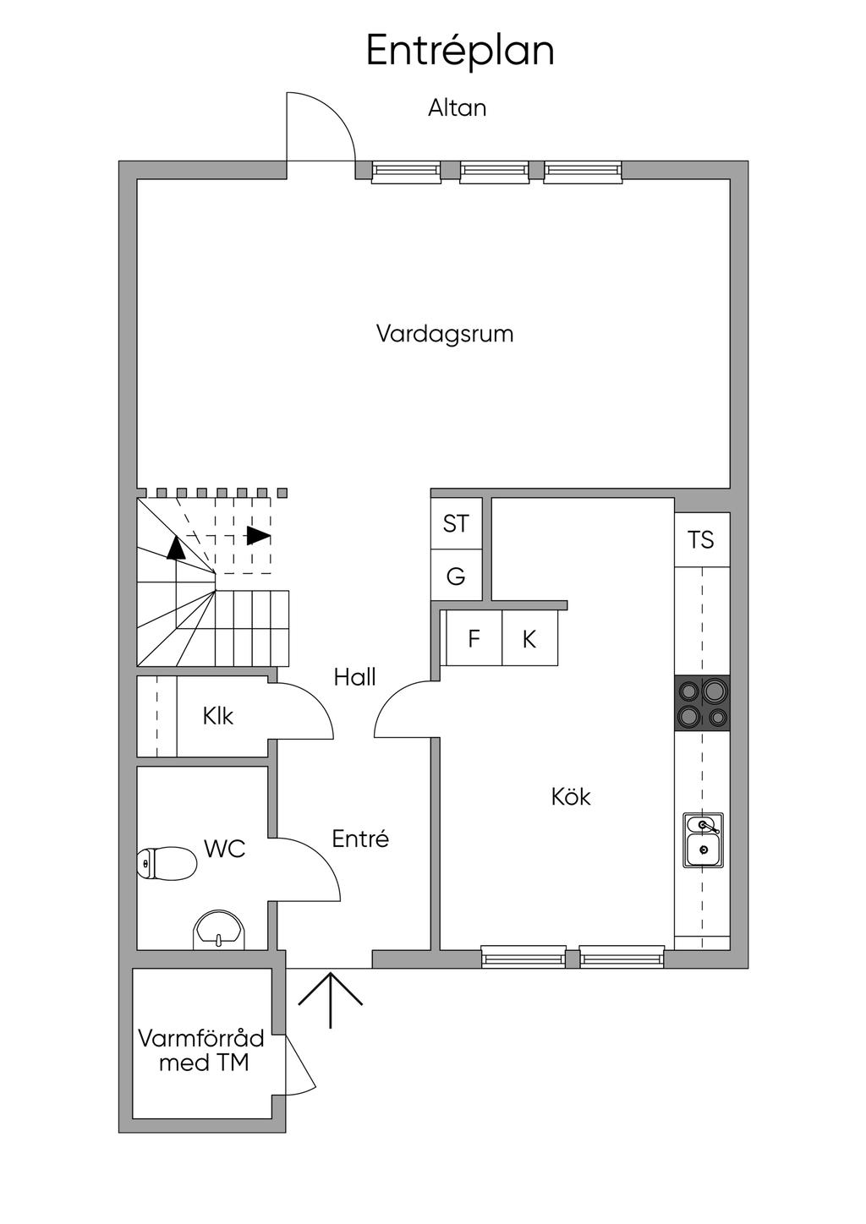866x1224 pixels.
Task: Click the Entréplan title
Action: click(x=460, y=50)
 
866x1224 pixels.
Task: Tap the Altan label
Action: click(x=457, y=107)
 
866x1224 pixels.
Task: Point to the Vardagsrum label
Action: click(x=445, y=333)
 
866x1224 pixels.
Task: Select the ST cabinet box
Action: click(x=457, y=523)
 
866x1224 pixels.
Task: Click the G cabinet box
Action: click(x=457, y=575)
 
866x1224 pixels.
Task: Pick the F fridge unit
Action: click(x=474, y=637)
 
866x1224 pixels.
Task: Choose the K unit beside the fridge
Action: click(x=529, y=637)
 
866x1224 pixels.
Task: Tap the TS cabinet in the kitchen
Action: click(x=702, y=539)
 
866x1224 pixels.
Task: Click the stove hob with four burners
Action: click(x=702, y=703)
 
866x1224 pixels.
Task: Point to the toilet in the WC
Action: click(x=167, y=863)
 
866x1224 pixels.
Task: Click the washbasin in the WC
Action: click(x=219, y=930)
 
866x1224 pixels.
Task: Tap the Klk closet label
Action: click(x=217, y=716)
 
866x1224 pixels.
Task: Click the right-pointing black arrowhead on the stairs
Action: click(x=258, y=536)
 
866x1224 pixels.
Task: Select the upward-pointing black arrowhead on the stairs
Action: click(x=176, y=548)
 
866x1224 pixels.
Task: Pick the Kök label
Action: click(x=571, y=796)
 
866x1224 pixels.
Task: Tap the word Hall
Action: click(x=355, y=677)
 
